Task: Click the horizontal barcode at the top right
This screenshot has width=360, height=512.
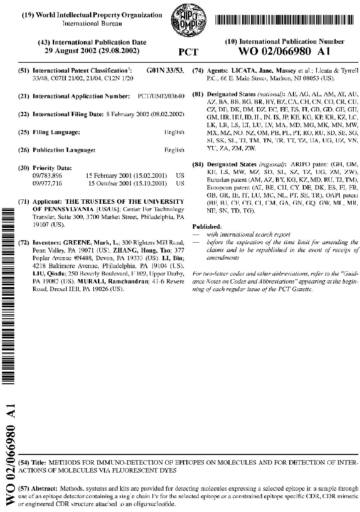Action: coord(287,20)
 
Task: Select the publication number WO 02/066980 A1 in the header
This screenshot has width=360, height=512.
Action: coord(284,51)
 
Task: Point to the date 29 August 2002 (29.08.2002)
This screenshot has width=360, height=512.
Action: coord(92,51)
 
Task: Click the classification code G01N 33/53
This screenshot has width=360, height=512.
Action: coord(165,71)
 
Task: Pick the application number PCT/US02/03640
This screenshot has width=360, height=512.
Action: coord(161,97)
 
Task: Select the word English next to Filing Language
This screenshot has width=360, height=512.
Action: coord(174,132)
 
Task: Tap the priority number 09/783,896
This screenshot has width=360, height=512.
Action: coord(47,176)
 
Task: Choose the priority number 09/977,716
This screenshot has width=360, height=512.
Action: coord(47,183)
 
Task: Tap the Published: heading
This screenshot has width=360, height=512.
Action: coord(207,227)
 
